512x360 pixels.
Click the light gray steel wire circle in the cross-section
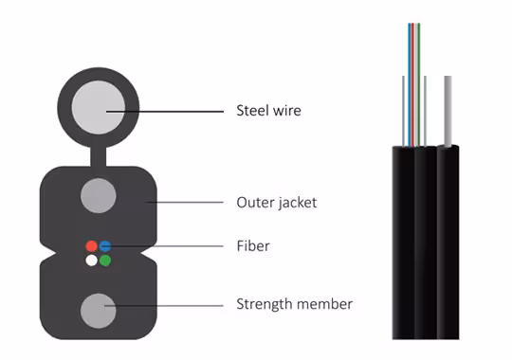[x=99, y=107]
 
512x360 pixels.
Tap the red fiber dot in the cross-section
[x=91, y=246]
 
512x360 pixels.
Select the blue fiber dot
[x=105, y=246]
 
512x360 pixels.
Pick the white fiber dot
[x=91, y=261]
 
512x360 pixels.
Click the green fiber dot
[x=105, y=261]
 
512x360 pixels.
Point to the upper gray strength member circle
[x=99, y=195]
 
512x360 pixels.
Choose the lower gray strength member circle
[x=99, y=311]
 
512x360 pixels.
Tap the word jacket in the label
[x=297, y=203]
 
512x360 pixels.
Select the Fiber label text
[x=253, y=245]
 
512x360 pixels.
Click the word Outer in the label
[x=255, y=203]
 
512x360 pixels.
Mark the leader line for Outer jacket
[x=185, y=203]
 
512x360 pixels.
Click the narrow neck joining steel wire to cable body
[x=99, y=156]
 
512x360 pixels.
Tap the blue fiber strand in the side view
[x=410, y=85]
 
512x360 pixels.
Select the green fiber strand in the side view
[x=419, y=85]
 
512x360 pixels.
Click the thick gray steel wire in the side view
[x=448, y=111]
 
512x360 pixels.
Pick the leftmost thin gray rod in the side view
[x=404, y=111]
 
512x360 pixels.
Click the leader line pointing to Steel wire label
[x=165, y=112]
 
